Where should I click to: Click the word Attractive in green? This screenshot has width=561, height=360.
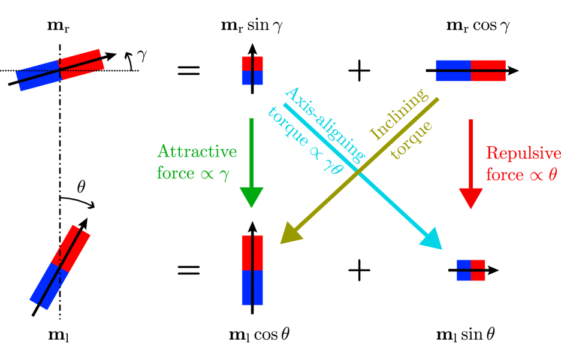[197, 152]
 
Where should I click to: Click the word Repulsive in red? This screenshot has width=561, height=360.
[521, 153]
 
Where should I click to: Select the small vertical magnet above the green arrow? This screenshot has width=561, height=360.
[252, 71]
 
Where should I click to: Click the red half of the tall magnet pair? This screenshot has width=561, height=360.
[252, 252]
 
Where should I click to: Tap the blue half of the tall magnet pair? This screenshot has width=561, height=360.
[252, 288]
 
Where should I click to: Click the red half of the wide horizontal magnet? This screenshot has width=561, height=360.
[488, 70]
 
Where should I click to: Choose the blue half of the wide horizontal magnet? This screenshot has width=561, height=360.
[453, 70]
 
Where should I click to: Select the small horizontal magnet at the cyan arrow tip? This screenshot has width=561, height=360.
[470, 270]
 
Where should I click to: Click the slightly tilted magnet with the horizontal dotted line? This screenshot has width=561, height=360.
[60, 70]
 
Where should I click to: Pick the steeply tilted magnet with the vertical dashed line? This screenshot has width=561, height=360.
[60, 267]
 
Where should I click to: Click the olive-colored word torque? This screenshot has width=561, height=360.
[411, 141]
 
